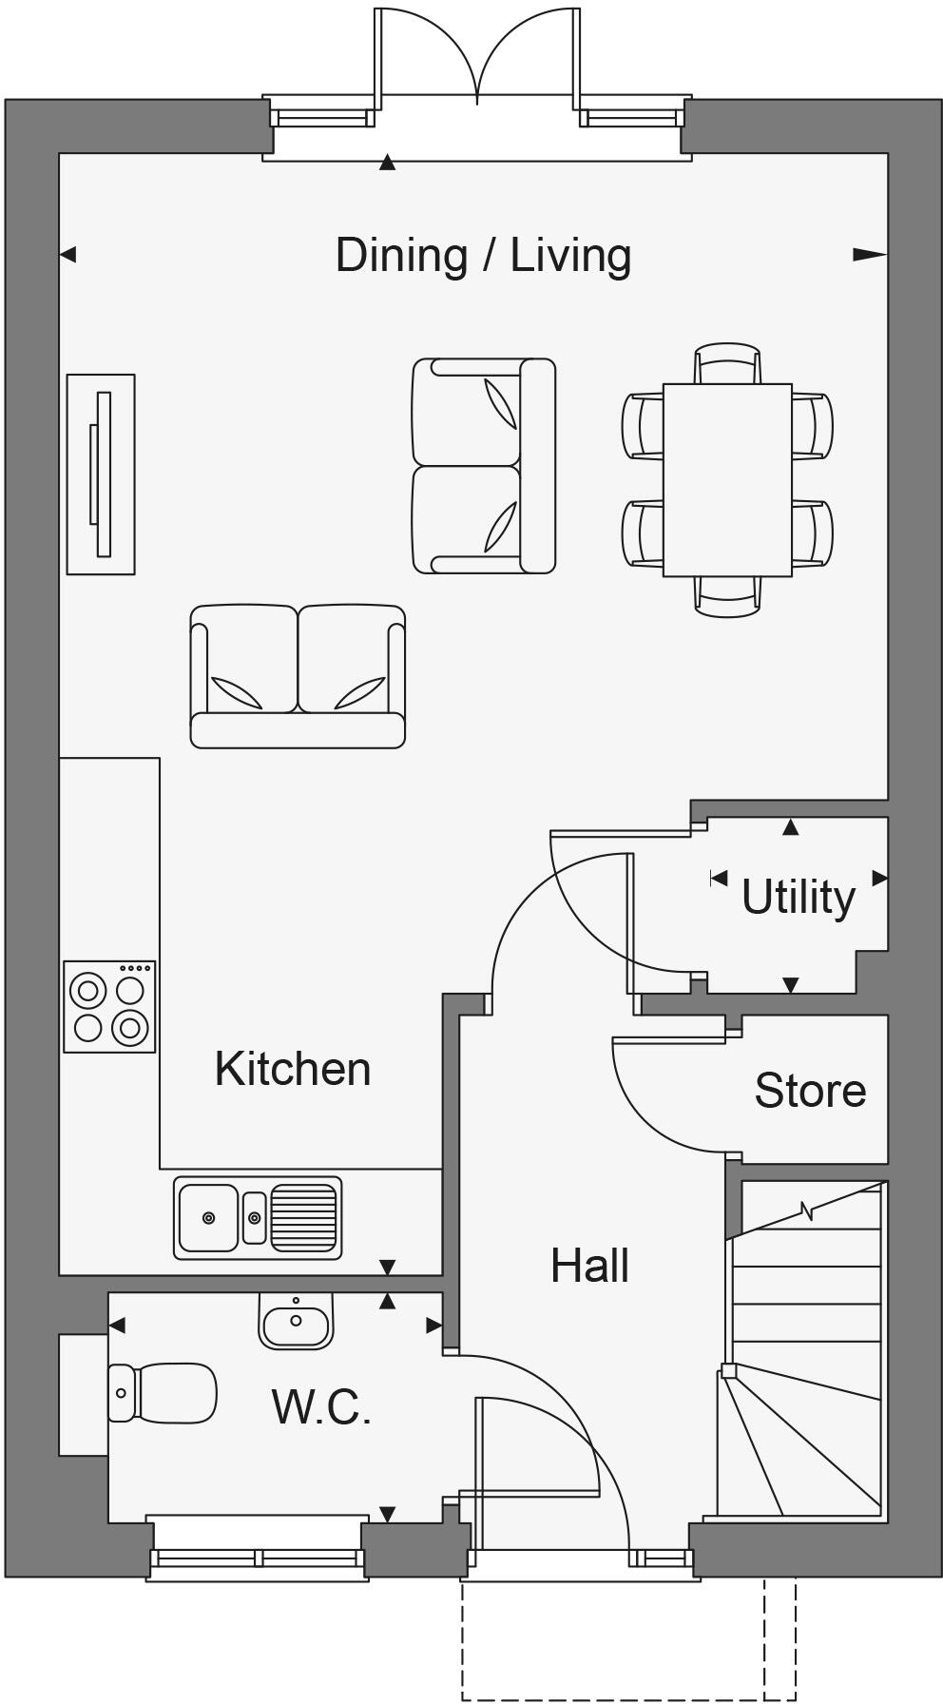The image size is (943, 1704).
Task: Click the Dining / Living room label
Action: coord(483,256)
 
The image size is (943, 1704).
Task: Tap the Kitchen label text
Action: coord(292,1069)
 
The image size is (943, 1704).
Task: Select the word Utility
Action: coord(798,897)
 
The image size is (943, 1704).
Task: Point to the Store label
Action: coord(810,1090)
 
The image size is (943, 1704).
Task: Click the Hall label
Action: coord(589,1266)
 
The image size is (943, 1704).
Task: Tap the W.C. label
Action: coord(320,1407)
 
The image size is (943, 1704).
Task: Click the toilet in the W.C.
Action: coord(164,1393)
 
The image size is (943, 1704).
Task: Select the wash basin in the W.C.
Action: coord(296,1322)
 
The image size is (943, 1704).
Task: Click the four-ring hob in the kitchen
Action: coord(109,1007)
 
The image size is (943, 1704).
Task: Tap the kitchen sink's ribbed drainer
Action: coord(304,1218)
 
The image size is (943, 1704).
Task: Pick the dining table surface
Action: coord(727,479)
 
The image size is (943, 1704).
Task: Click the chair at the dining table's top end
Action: coord(727,363)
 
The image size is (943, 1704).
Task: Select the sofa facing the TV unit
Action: coord(483,466)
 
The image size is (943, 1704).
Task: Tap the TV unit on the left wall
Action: coord(101,474)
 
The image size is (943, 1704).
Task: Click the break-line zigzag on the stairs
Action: coord(807,1211)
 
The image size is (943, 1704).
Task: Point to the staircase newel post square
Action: coord(728,1370)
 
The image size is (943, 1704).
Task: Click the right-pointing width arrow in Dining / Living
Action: coord(869,254)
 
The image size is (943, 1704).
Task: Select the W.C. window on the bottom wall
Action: coord(258,1558)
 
